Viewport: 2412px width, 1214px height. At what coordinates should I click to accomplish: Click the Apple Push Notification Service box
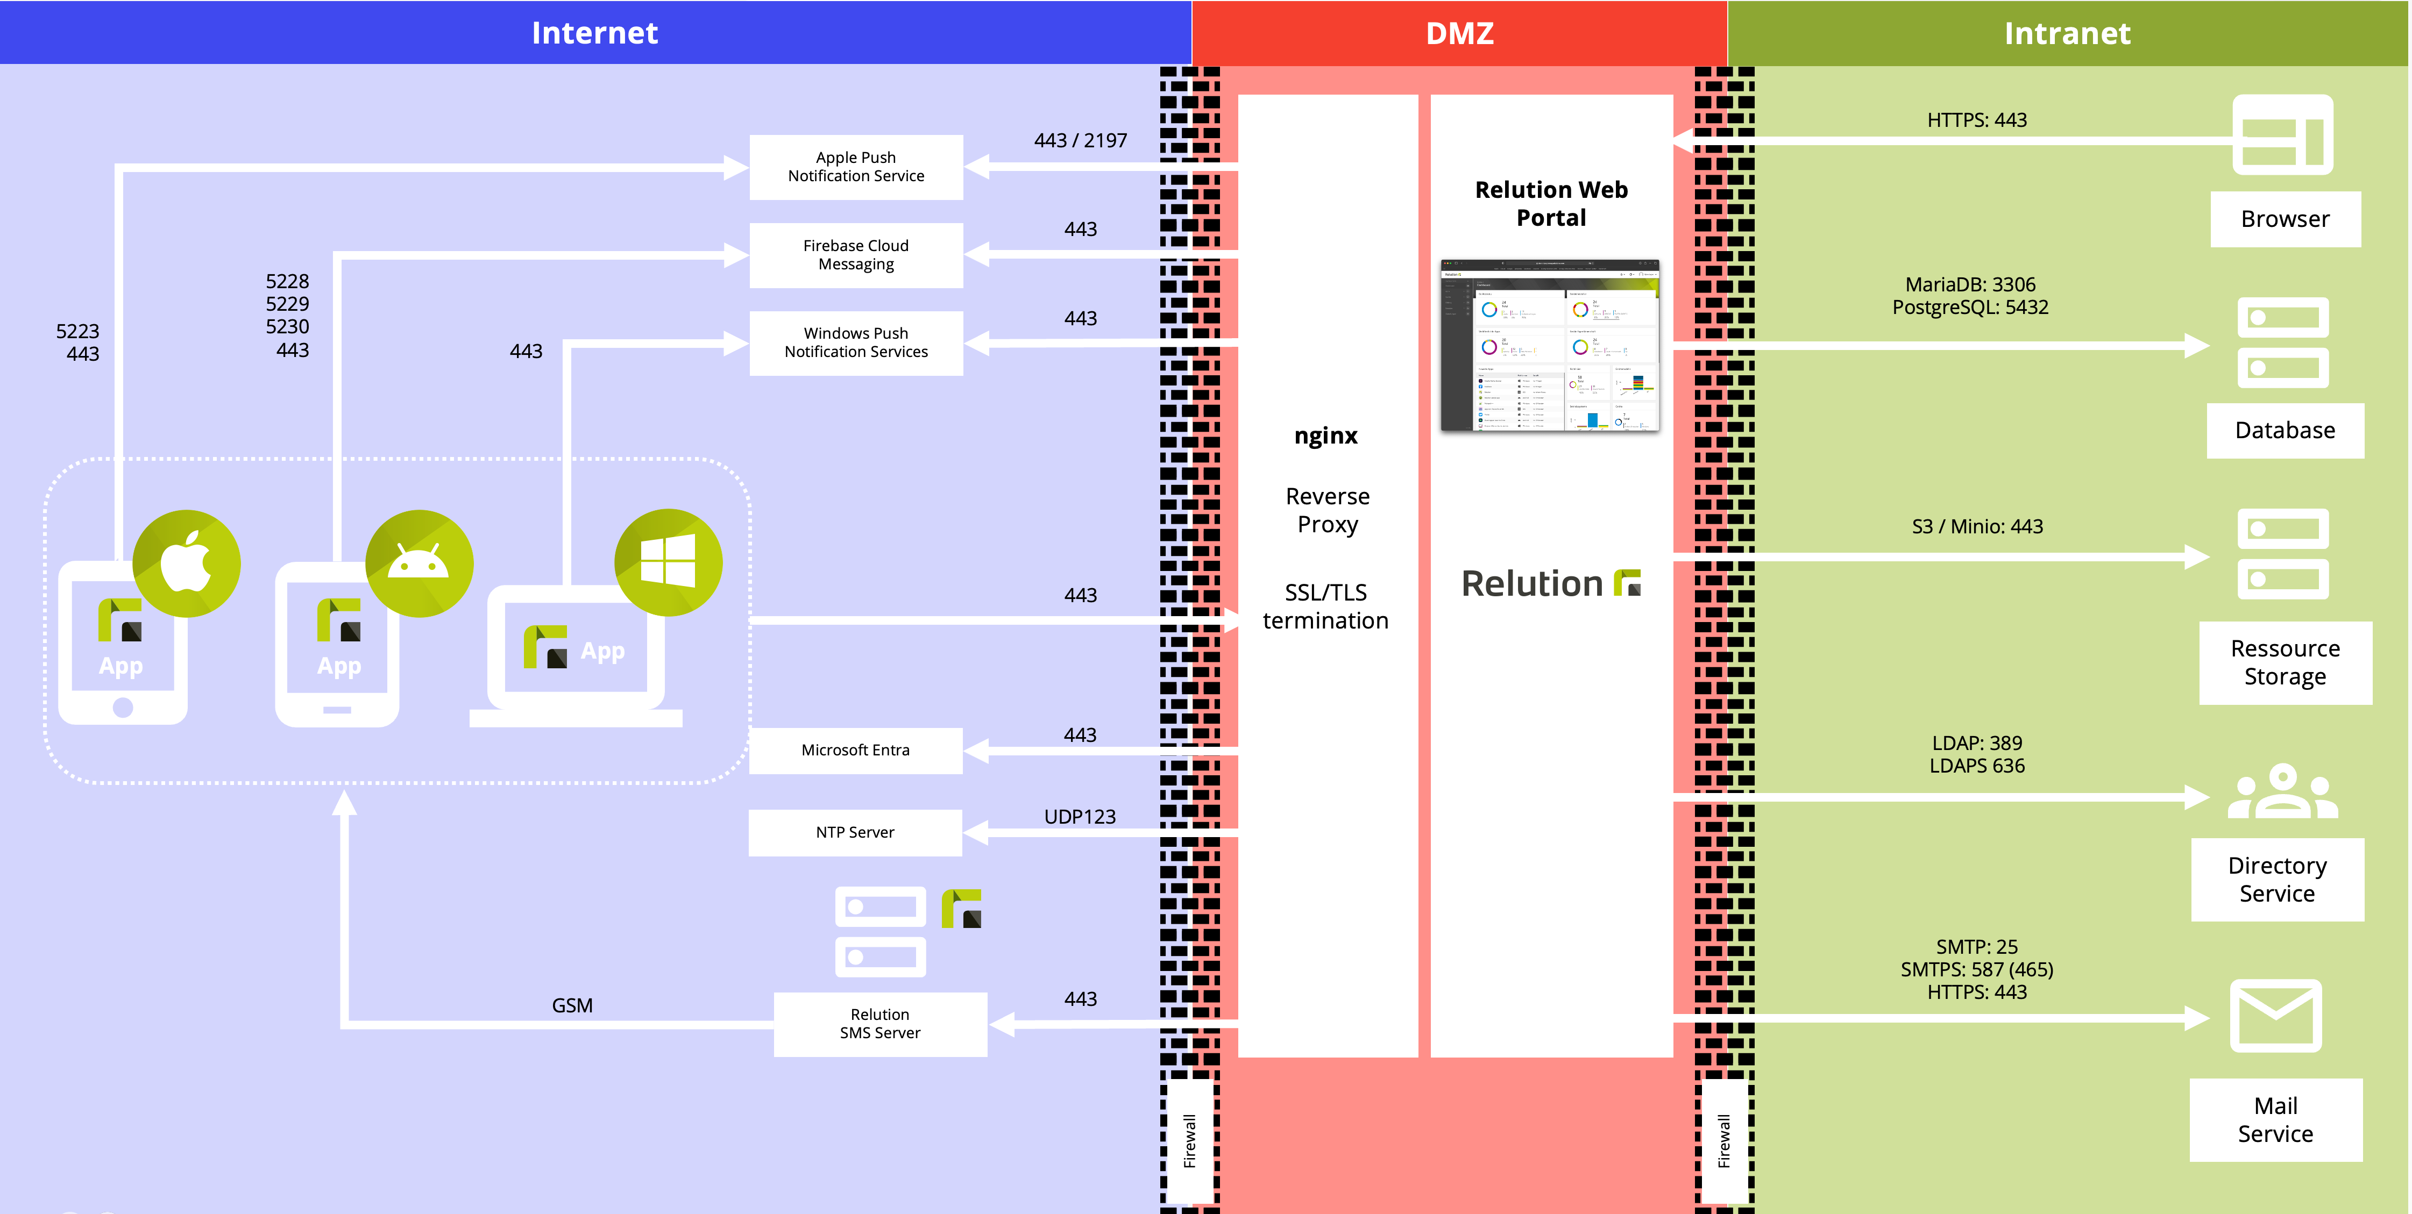pos(856,167)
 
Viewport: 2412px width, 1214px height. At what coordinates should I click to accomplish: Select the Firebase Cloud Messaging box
pos(856,255)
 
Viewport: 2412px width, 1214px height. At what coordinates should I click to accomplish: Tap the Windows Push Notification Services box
pos(856,342)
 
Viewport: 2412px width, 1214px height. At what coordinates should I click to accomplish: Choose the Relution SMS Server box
pos(879,1024)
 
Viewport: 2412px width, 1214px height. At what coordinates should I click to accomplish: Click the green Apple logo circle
pos(186,563)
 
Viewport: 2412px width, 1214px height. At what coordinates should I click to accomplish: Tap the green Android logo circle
pos(418,563)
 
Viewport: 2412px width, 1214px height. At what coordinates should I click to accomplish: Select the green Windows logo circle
pos(668,562)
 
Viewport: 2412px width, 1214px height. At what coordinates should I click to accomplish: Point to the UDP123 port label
pos(1080,816)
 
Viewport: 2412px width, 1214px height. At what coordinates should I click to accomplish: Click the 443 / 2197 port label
pos(1080,140)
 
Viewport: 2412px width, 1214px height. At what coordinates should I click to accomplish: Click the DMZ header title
pos(1459,33)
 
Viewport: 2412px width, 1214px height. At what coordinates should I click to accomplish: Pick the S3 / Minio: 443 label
pos(1977,526)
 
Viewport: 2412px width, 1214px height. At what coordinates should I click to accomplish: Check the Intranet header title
pos(2067,33)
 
